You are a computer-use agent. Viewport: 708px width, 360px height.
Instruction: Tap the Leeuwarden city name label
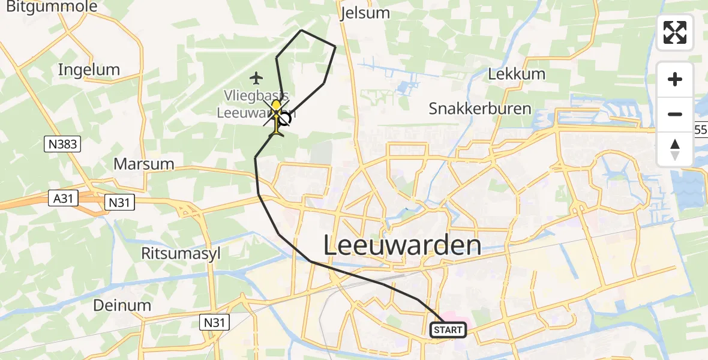point(402,245)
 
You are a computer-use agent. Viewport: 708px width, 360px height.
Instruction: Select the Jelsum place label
point(364,13)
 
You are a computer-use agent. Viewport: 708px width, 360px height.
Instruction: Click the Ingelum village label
point(89,70)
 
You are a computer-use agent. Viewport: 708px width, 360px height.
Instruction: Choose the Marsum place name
point(144,164)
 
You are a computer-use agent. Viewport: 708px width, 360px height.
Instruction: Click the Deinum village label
point(122,305)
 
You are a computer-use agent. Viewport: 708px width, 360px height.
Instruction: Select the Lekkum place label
point(517,74)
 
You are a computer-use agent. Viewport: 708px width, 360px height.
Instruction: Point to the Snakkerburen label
point(480,109)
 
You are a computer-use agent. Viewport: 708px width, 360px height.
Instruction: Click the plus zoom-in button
point(675,80)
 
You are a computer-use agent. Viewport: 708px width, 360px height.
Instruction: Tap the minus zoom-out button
point(675,115)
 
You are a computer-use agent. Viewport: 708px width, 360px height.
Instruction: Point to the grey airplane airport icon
point(257,78)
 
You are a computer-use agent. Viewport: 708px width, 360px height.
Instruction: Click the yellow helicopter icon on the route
point(276,116)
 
